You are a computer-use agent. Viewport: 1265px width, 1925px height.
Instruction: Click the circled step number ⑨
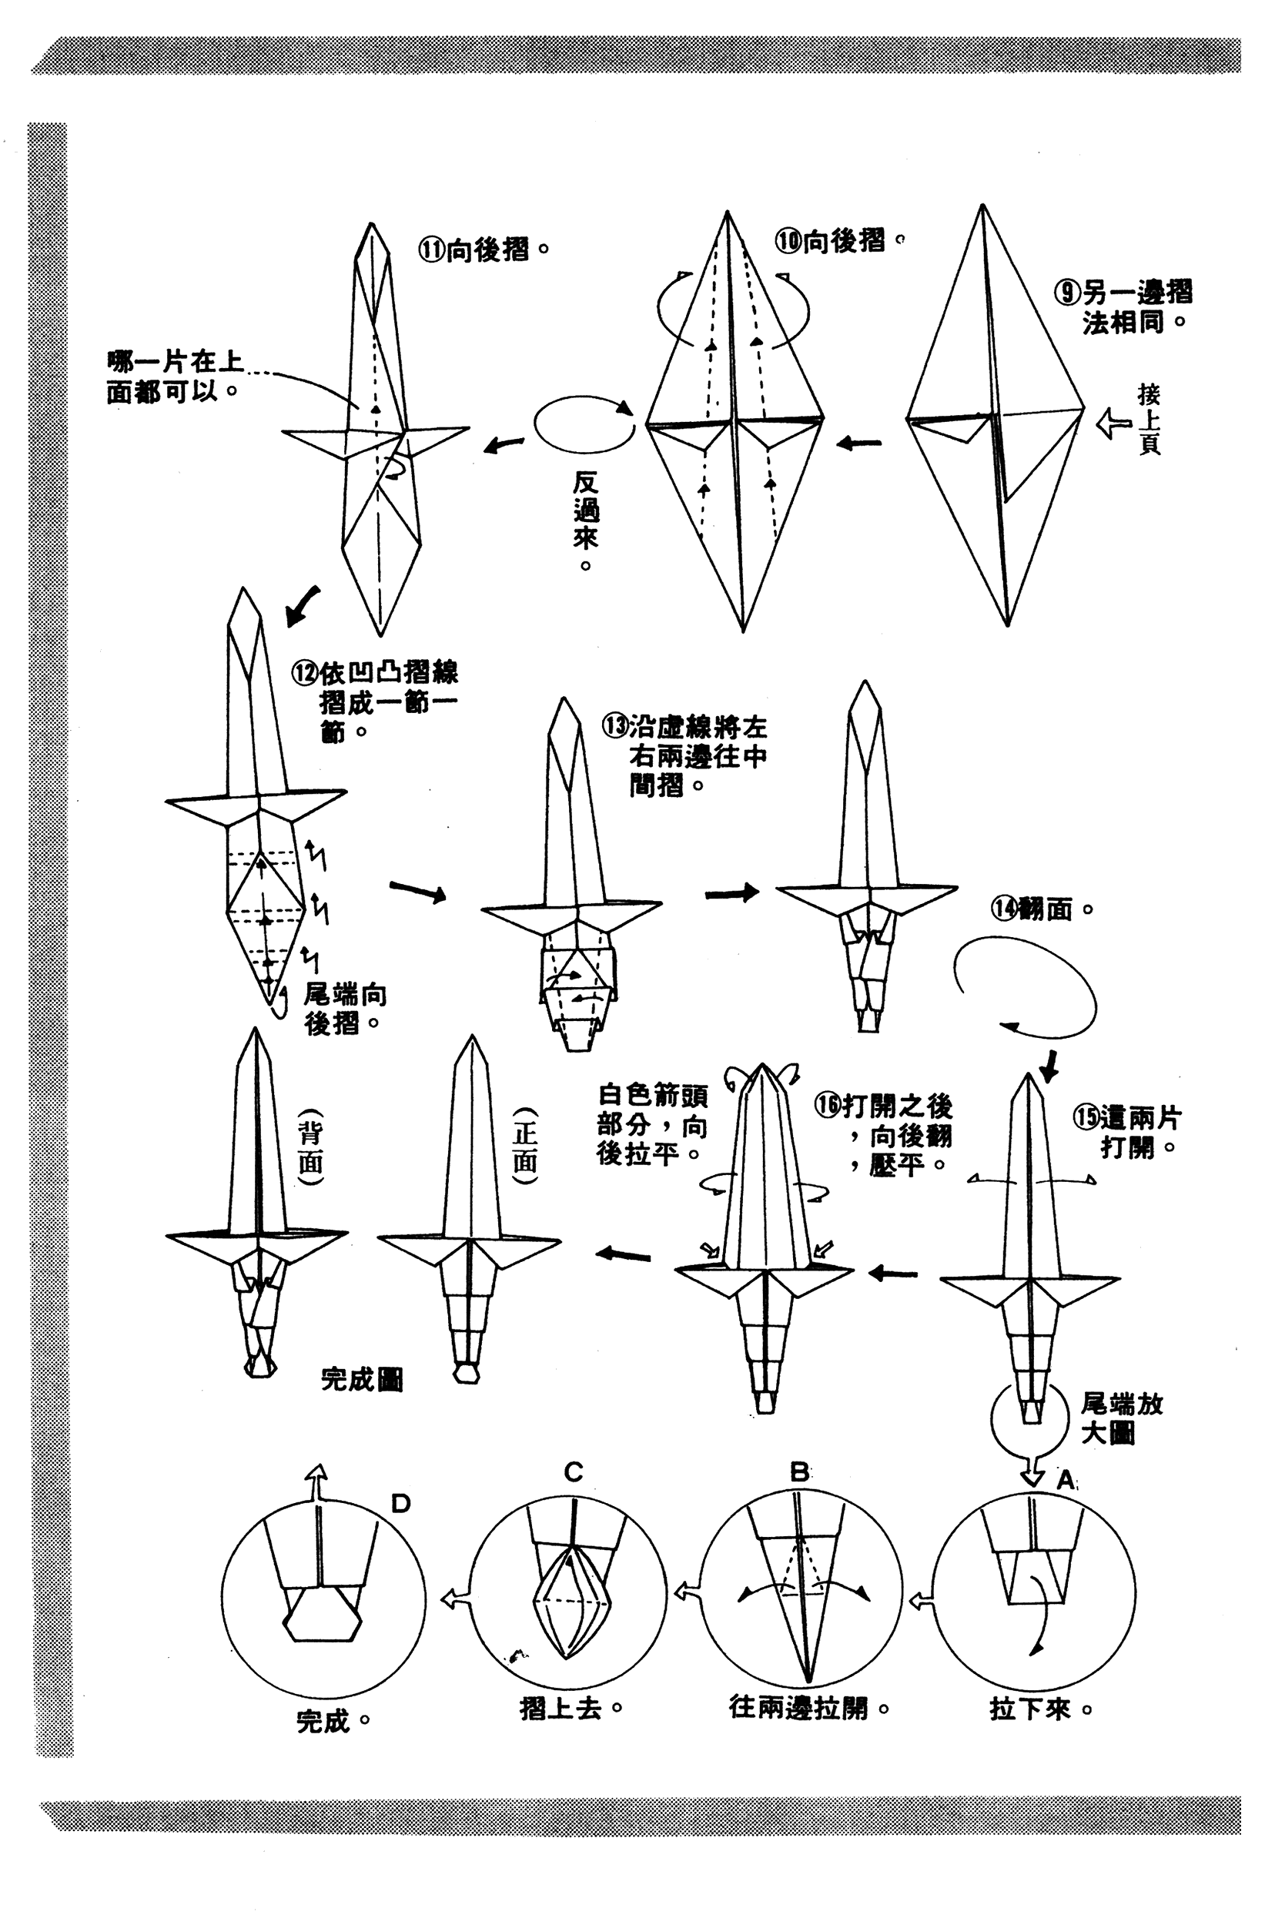[x=1068, y=292]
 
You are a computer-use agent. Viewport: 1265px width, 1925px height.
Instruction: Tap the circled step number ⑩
[x=788, y=240]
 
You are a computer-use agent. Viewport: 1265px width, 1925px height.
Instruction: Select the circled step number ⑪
[x=432, y=248]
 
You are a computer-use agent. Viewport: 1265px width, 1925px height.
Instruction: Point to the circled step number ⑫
[x=306, y=673]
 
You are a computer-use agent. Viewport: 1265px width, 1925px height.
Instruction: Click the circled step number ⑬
[x=614, y=725]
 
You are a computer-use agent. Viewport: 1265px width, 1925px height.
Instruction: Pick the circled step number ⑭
[x=1004, y=909]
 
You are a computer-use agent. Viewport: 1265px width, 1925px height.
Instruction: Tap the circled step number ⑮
[x=1086, y=1118]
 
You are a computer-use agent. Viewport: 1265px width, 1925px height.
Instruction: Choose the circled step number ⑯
[x=828, y=1105]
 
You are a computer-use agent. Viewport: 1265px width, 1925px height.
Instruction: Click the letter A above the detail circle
[x=1066, y=1479]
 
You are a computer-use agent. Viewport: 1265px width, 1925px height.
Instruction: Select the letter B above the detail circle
[x=799, y=1471]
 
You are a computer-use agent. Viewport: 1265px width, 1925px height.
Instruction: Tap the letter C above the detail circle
[x=574, y=1471]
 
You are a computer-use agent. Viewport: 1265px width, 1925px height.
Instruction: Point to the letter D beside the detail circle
[x=400, y=1503]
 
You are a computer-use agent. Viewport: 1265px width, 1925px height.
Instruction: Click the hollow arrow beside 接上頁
[x=1114, y=423]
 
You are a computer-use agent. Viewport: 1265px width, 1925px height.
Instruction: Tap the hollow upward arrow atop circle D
[x=318, y=1481]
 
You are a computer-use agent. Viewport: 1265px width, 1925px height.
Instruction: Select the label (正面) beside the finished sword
[x=525, y=1146]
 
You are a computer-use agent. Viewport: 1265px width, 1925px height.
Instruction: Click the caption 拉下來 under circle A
[x=1029, y=1708]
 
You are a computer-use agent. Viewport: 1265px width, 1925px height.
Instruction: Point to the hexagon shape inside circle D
[x=322, y=1616]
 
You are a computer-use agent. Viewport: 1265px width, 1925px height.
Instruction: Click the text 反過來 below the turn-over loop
[x=587, y=510]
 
